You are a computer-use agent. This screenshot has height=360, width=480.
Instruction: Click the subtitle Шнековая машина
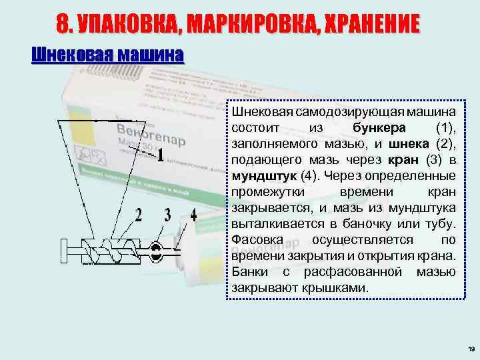point(107,55)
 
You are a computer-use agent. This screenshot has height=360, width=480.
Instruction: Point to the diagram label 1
point(161,155)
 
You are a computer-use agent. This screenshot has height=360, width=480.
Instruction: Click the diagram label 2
point(139,215)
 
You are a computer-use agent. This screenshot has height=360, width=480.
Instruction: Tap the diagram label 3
point(168,215)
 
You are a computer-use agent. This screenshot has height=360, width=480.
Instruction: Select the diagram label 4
point(193,215)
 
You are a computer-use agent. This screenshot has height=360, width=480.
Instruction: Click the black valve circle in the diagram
point(156,251)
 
